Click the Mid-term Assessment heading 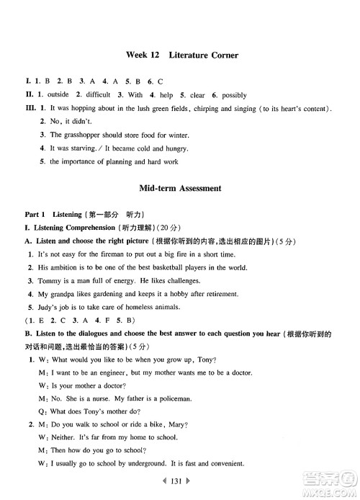[x=180, y=188]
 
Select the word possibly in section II [x=233, y=95]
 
